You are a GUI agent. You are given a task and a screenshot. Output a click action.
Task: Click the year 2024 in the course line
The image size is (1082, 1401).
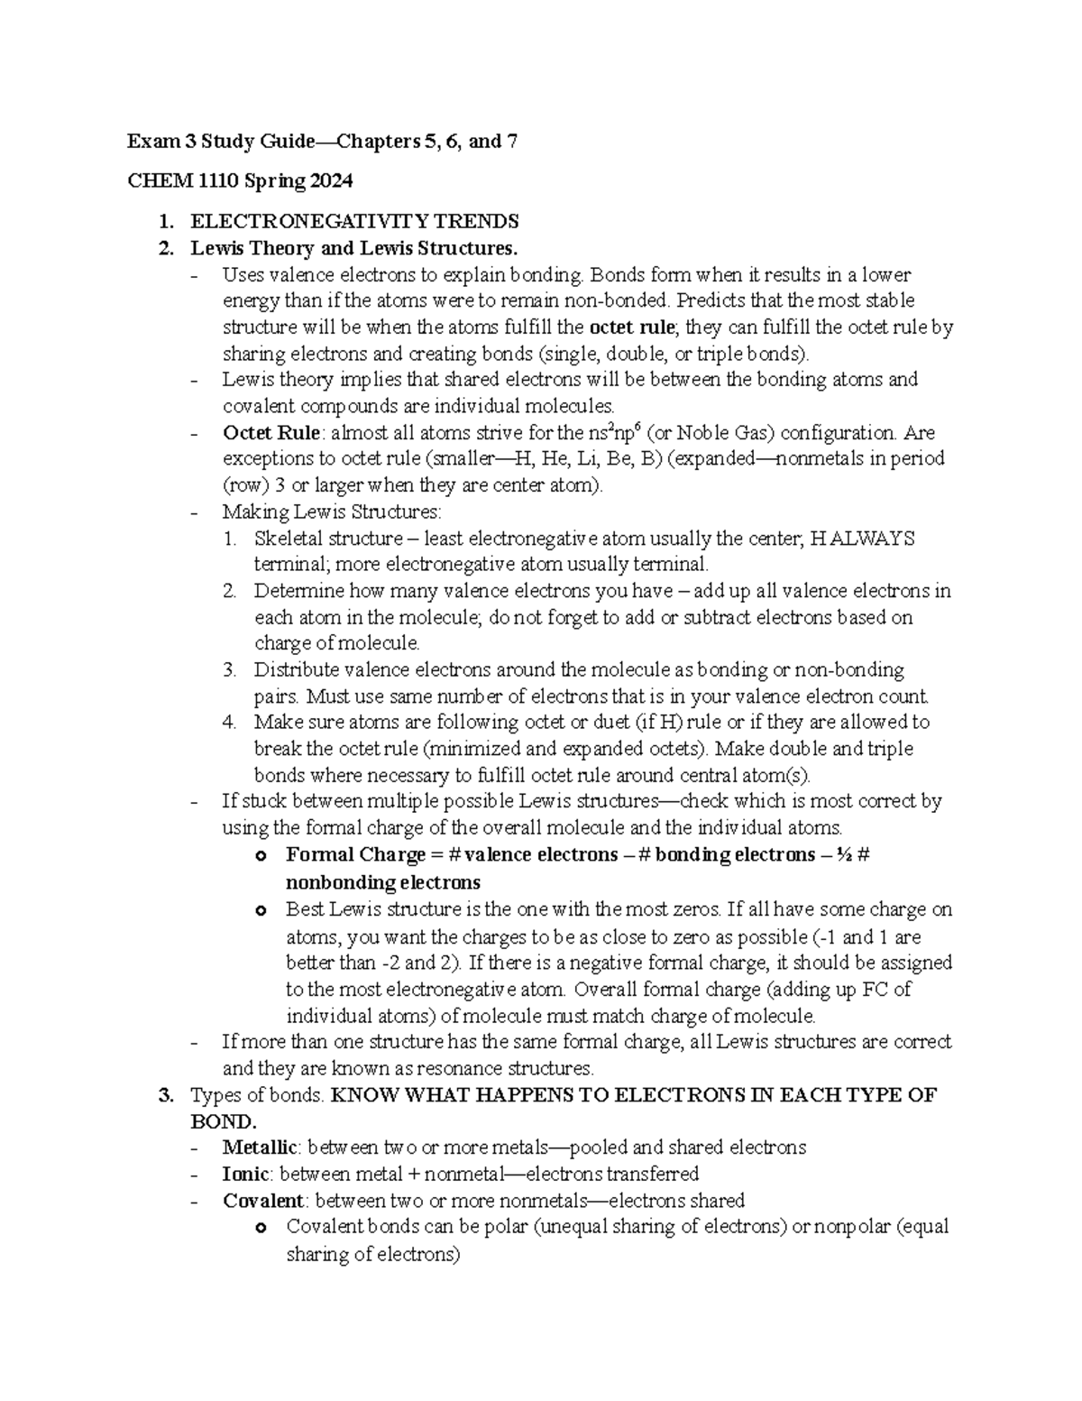pyautogui.click(x=332, y=181)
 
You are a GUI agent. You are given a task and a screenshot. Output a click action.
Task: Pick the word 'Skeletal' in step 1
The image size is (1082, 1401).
pyautogui.click(x=287, y=539)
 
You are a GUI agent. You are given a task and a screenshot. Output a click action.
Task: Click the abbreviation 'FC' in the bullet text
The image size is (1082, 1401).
pyautogui.click(x=882, y=989)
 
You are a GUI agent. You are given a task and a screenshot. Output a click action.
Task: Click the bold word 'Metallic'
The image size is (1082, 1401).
pyautogui.click(x=261, y=1148)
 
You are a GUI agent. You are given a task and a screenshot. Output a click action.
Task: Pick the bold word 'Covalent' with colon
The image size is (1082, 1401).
pyautogui.click(x=264, y=1201)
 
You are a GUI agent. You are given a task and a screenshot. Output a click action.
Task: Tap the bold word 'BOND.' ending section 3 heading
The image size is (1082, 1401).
pyautogui.click(x=223, y=1121)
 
